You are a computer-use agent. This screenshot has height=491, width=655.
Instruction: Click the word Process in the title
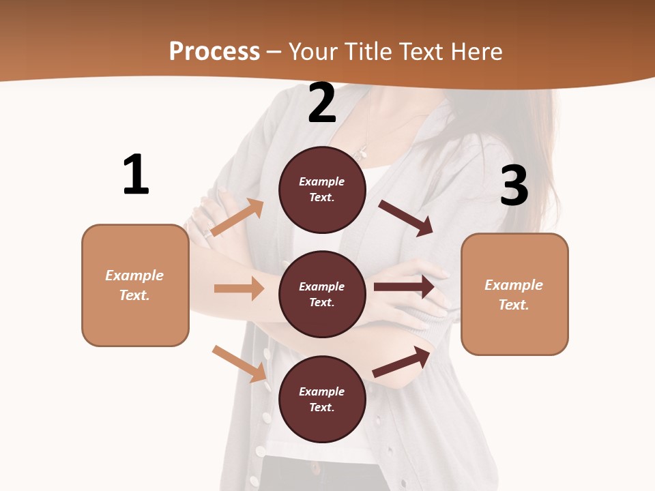(214, 52)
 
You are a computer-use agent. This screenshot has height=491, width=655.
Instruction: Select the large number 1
(136, 175)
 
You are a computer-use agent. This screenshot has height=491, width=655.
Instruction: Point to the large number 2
(322, 104)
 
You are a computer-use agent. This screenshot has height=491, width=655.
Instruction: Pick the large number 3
(514, 185)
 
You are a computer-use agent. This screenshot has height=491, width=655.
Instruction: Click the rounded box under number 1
(135, 285)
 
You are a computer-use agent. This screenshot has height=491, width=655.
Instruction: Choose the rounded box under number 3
(514, 294)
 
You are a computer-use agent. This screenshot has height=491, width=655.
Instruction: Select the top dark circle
(322, 190)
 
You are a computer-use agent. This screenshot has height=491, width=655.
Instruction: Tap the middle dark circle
(322, 294)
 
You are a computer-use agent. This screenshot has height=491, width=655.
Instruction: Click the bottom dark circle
(322, 399)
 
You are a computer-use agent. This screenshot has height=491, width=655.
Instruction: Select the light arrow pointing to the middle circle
(239, 288)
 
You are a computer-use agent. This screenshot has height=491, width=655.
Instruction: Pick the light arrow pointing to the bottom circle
(239, 363)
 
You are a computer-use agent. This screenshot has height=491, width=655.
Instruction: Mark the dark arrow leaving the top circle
(406, 218)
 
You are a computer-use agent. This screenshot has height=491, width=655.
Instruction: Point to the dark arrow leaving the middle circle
(404, 287)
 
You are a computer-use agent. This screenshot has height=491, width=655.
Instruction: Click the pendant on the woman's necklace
(362, 151)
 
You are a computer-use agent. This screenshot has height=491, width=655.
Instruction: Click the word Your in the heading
(312, 52)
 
